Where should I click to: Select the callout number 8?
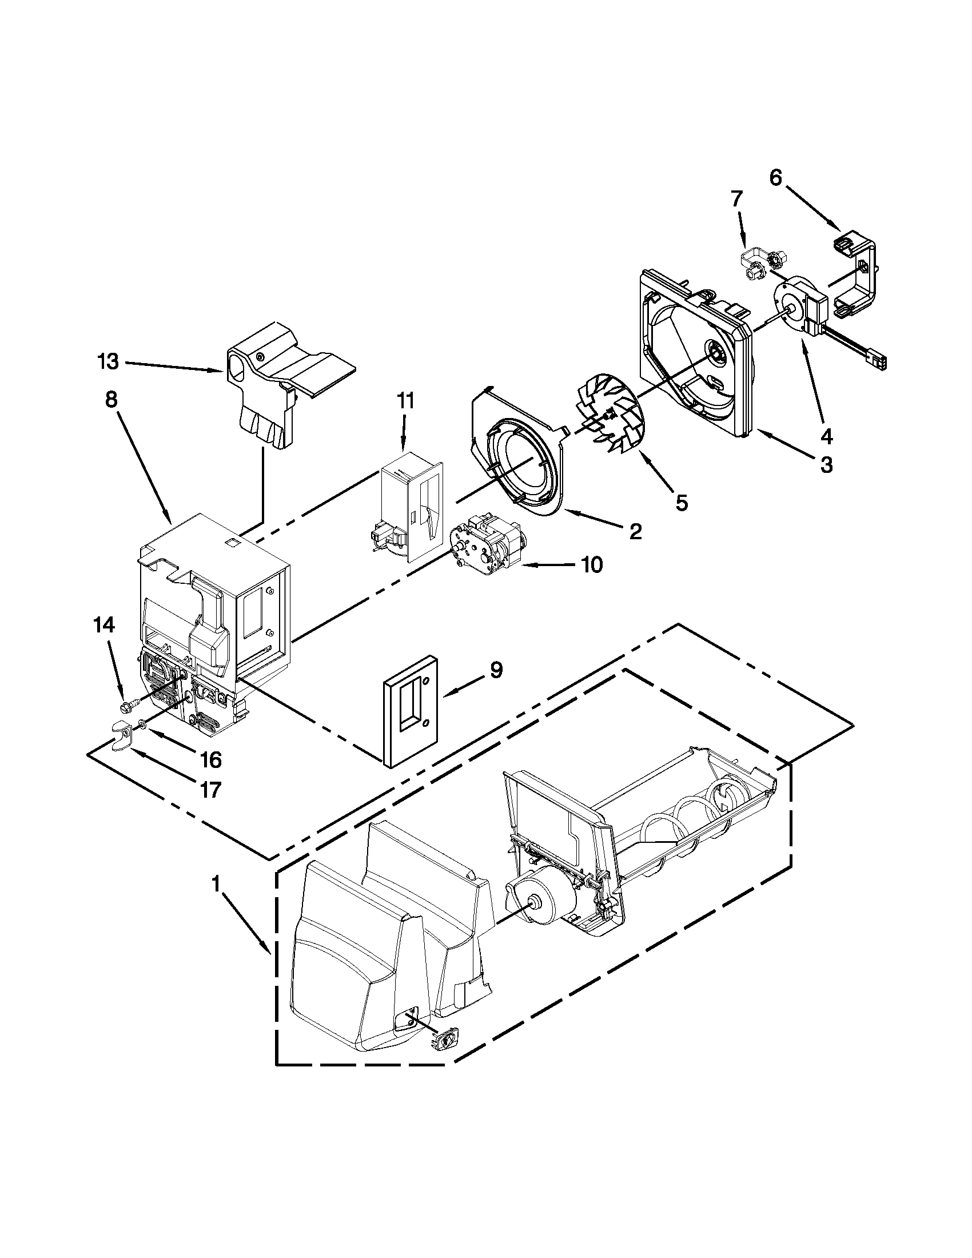click(111, 400)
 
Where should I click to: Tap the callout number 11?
click(405, 401)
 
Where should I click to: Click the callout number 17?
click(212, 789)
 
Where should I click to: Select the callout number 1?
click(216, 883)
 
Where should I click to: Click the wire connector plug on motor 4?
click(880, 362)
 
